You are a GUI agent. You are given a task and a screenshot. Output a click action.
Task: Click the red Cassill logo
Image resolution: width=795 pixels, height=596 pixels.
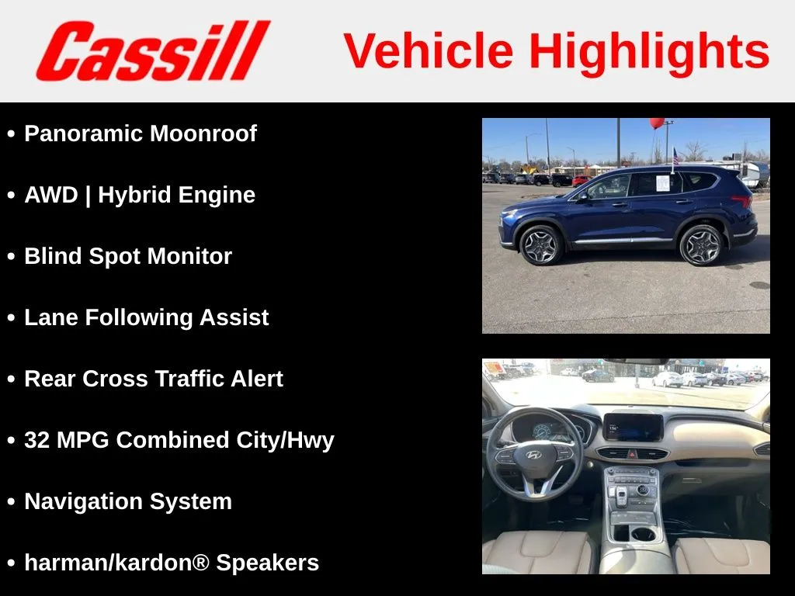point(153,50)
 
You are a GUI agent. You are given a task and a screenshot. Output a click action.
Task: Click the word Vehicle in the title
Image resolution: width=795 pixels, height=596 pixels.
point(429,50)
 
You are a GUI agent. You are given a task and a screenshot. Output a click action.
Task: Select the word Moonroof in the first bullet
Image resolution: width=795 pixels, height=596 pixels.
point(203,133)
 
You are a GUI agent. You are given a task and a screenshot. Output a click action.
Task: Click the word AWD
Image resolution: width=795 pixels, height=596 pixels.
point(51,195)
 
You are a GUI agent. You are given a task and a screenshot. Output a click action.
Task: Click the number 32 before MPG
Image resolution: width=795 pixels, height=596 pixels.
point(37,440)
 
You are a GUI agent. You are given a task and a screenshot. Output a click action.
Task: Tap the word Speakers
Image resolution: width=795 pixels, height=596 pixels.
point(268,563)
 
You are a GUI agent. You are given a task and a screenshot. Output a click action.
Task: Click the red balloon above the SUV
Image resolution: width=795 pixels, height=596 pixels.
point(657,123)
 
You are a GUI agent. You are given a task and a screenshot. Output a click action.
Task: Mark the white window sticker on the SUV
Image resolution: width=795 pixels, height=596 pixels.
point(663,183)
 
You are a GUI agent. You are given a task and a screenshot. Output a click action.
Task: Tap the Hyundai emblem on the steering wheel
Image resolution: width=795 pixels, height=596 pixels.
point(533,455)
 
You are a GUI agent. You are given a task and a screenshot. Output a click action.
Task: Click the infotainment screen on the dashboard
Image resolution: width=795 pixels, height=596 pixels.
point(633,428)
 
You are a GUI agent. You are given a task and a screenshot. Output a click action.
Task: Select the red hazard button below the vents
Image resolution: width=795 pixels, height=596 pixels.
point(632,454)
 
